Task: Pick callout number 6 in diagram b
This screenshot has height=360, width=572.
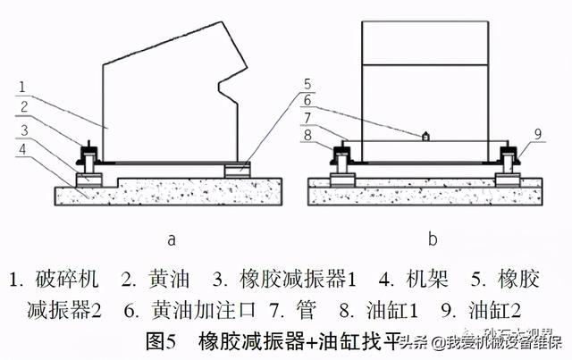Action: coord(305,101)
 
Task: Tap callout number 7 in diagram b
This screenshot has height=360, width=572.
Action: coord(305,118)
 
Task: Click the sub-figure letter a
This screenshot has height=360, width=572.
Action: coord(172,239)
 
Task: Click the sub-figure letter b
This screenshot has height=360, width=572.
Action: coord(433,239)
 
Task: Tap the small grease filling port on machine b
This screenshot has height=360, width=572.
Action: coord(426,137)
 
